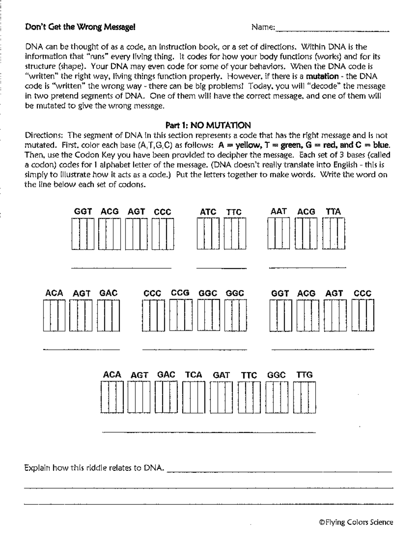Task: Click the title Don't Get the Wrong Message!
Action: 80,27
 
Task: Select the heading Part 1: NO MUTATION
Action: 208,125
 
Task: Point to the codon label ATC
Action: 208,212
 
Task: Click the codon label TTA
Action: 333,211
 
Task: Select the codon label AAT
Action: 279,211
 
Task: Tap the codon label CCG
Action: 180,293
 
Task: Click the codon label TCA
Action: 193,375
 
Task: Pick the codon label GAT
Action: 221,375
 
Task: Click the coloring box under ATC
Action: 208,233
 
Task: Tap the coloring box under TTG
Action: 304,397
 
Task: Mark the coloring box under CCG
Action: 180,315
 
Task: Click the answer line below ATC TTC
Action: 221,268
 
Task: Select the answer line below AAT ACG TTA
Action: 307,267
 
